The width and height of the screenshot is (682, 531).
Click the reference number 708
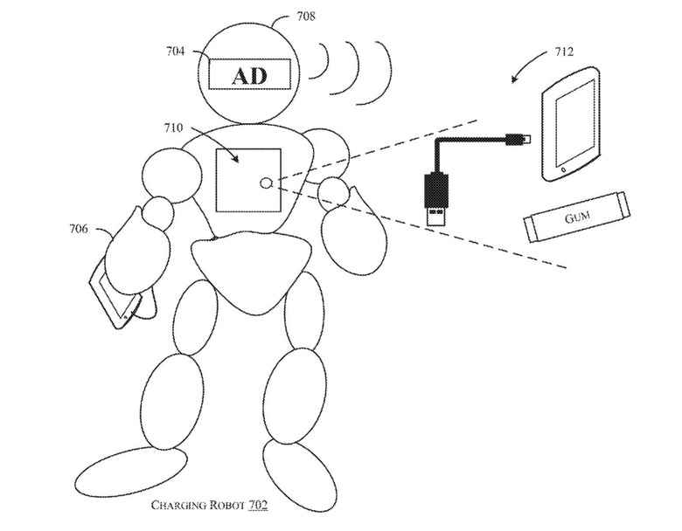tap(306, 17)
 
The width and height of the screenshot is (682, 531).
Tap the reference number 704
tap(175, 52)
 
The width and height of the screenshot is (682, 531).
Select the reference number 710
tap(173, 128)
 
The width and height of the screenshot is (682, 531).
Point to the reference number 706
tap(79, 229)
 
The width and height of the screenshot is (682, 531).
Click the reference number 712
tap(564, 52)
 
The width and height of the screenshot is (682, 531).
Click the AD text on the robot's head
tap(249, 77)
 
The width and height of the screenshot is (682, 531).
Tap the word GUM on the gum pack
tap(578, 217)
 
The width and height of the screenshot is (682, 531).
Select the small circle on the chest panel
tap(266, 183)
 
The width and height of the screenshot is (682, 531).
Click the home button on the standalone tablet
tap(564, 169)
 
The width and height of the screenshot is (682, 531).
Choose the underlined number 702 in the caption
tap(258, 505)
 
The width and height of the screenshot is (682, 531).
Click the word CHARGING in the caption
tap(178, 505)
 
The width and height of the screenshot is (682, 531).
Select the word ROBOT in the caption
tap(226, 505)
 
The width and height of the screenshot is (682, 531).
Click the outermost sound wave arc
tap(386, 73)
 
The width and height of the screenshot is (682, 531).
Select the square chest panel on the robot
tap(248, 180)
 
